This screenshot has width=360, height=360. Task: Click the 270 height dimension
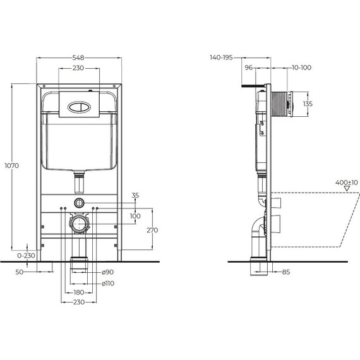coord(153,231)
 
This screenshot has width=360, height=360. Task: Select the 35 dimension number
coord(134,196)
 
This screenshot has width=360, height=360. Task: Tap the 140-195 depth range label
coord(220,57)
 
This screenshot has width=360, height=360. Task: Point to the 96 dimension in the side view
coord(248,67)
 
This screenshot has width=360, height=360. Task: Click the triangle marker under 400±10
coord(346,188)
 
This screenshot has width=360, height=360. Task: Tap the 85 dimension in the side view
coord(286,272)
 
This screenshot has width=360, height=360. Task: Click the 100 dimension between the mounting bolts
coord(135,217)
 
